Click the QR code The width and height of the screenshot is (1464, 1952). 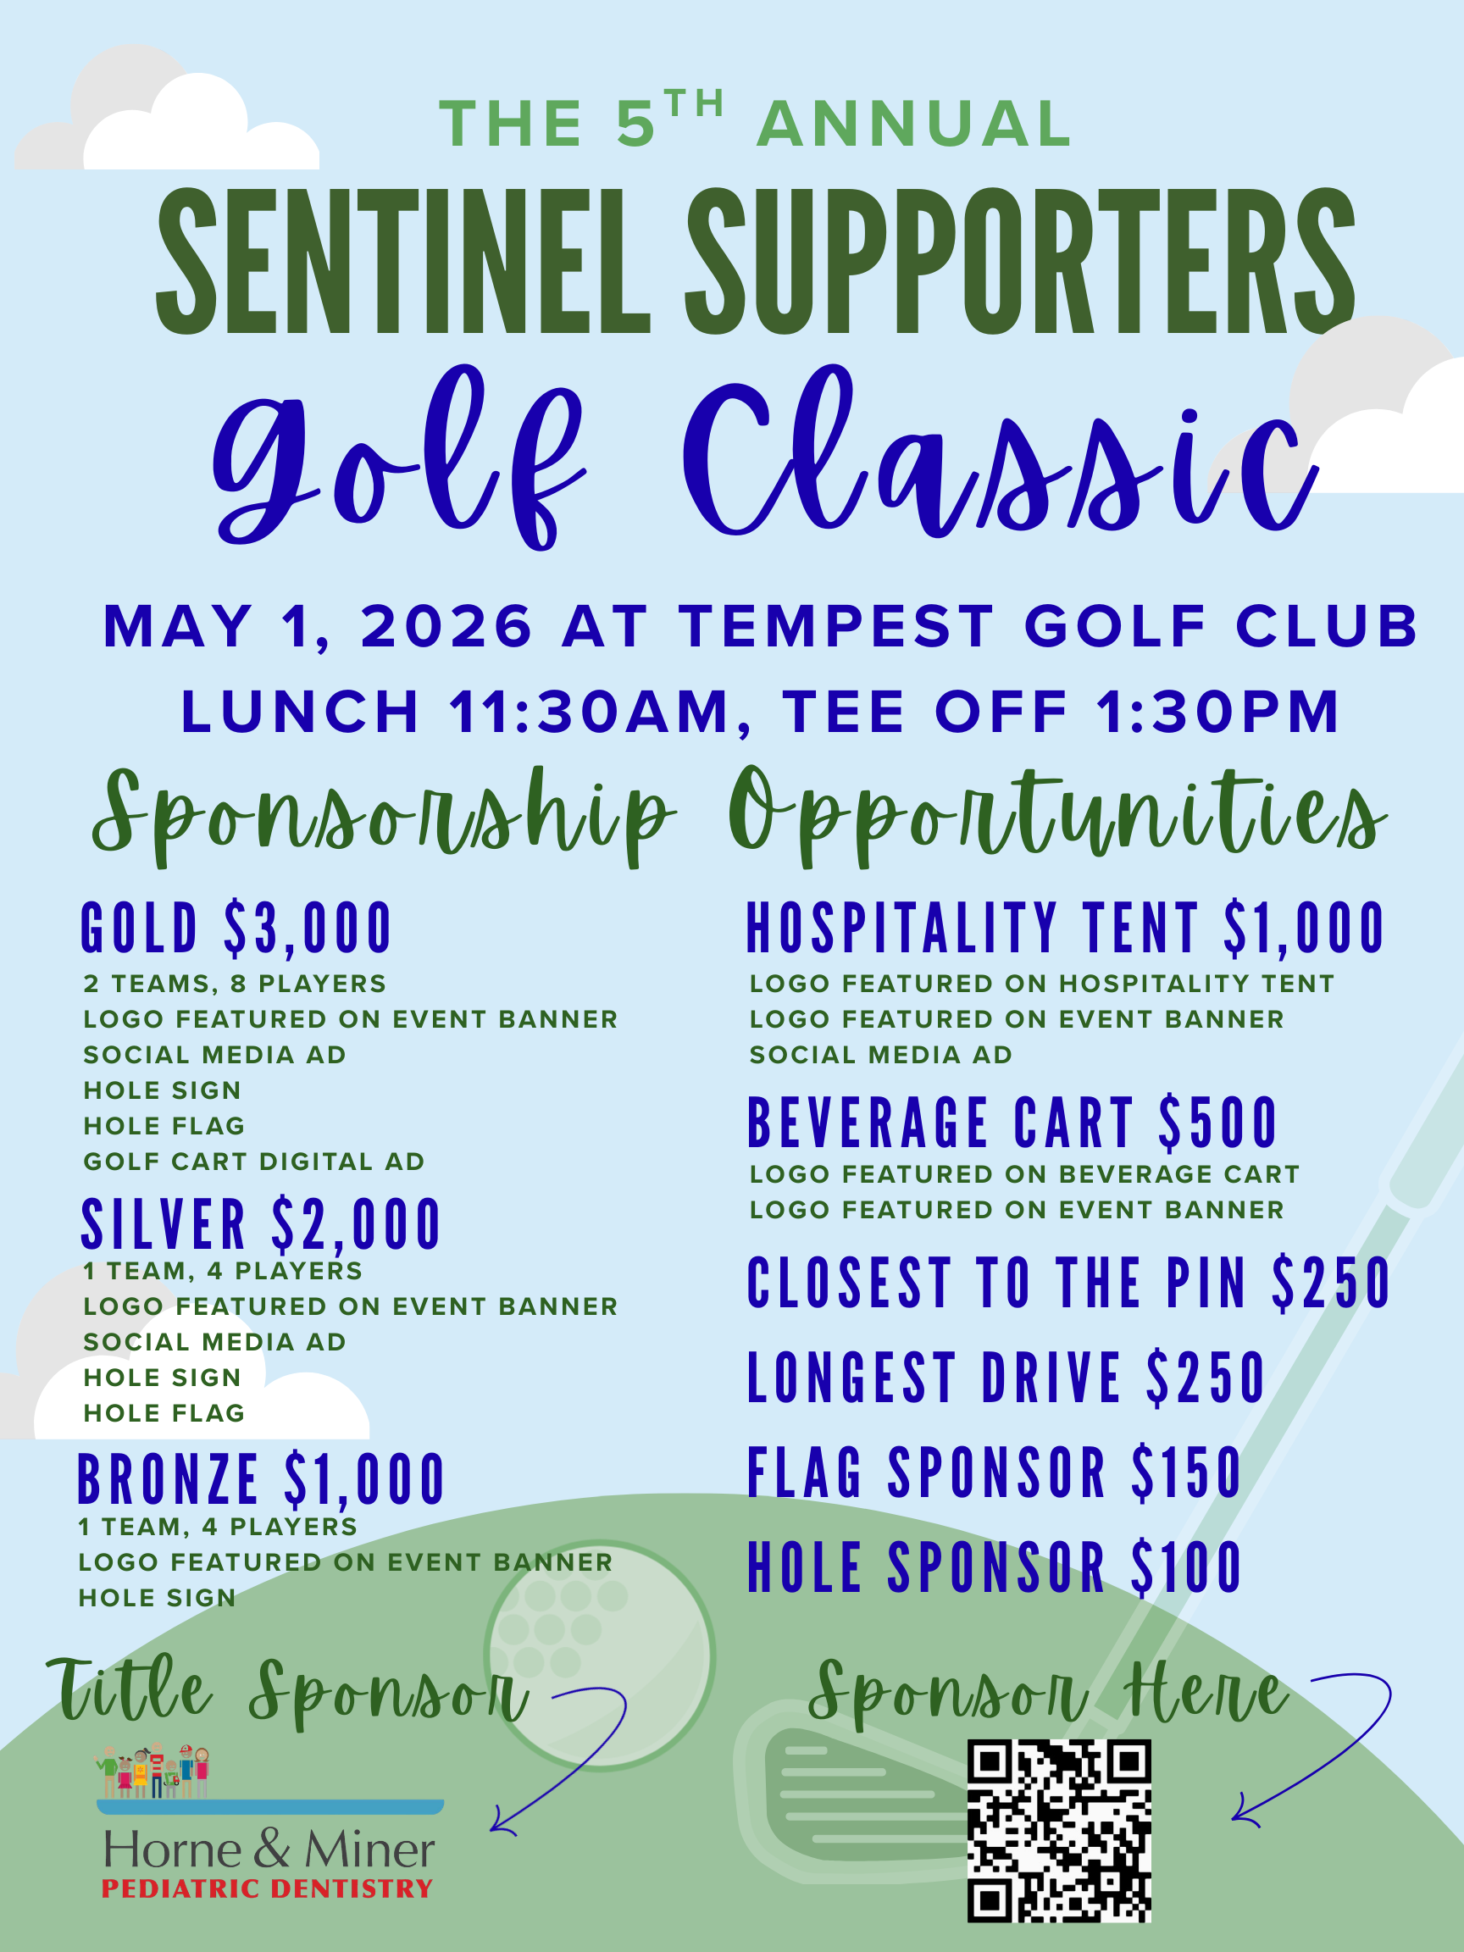1059,1830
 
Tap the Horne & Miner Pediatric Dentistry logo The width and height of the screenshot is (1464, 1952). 269,1822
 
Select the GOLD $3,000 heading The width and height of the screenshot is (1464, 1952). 236,929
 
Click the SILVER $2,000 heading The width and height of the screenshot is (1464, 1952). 260,1224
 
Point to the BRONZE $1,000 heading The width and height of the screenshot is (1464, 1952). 261,1480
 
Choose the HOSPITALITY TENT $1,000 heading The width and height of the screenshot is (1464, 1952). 1065,929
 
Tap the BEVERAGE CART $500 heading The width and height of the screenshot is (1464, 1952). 1012,1123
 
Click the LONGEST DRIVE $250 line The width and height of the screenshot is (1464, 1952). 1006,1378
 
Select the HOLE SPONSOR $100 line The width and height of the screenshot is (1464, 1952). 995,1568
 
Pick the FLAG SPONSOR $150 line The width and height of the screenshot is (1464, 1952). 995,1472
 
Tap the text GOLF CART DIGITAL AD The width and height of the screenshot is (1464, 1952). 254,1162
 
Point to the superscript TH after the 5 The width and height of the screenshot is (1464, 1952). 695,103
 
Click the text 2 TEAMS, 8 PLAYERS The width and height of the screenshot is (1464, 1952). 235,983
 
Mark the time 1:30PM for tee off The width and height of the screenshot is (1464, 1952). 1217,712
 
